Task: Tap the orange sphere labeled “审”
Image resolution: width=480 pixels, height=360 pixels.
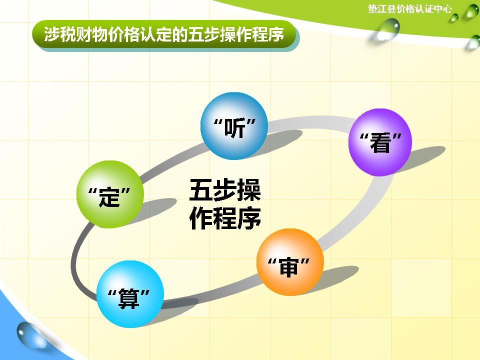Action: coord(289,262)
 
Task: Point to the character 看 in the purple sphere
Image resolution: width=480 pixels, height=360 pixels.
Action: coord(380,144)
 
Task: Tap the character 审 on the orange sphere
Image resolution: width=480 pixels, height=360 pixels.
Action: coord(289,267)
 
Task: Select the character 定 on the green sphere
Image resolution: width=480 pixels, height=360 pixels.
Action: coord(110,197)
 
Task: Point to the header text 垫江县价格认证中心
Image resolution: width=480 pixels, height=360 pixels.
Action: coord(409,8)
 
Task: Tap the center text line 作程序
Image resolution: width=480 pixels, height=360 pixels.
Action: coord(225,218)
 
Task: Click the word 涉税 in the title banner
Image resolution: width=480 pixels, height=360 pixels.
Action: coord(55,34)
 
